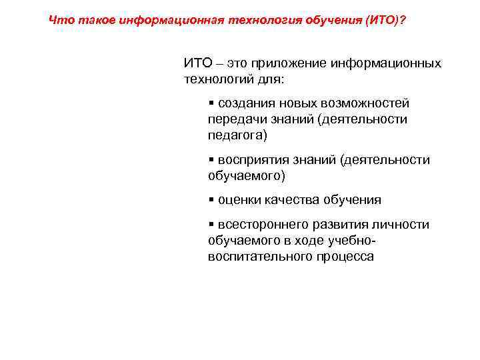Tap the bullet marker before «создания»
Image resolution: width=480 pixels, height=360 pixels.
point(211,103)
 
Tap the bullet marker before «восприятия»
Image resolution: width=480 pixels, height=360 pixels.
point(211,160)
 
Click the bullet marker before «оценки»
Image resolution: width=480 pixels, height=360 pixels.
point(211,199)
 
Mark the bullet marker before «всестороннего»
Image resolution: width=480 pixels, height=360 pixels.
point(211,225)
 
